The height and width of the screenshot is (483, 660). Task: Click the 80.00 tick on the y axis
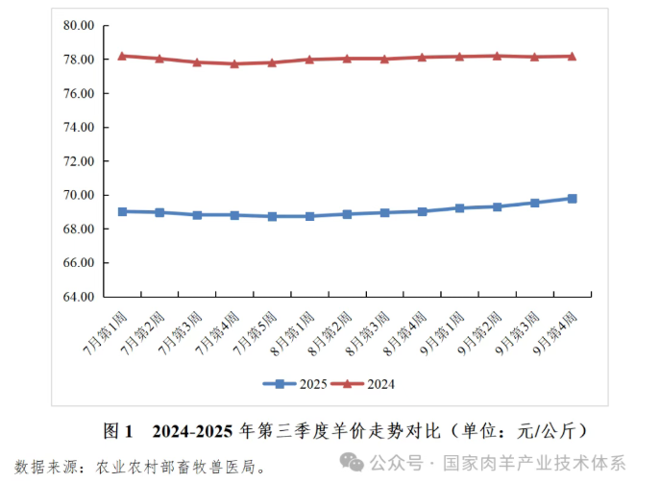click(79, 26)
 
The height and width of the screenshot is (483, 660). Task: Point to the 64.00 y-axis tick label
click(79, 297)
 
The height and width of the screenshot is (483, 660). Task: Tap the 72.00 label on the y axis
click(79, 161)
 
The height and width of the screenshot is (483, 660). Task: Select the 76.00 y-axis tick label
click(79, 94)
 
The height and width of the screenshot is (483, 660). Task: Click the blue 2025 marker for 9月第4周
click(572, 199)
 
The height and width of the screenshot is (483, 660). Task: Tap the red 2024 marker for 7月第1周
click(122, 56)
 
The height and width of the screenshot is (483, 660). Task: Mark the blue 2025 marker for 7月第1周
click(122, 211)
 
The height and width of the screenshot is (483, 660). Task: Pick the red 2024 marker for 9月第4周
click(572, 56)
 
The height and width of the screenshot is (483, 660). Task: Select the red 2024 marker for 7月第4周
click(234, 63)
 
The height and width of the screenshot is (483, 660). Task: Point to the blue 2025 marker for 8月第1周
click(309, 216)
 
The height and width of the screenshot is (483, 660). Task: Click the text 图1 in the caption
click(118, 428)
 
